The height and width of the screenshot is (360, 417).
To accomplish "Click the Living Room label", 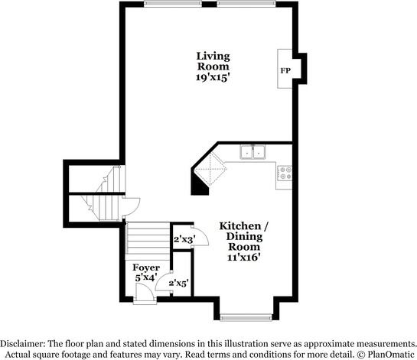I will (213, 61).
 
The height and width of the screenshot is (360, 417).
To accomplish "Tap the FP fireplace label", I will (285, 70).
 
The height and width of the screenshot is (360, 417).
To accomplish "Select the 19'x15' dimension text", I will (213, 77).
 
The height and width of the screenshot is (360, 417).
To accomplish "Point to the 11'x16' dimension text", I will (243, 258).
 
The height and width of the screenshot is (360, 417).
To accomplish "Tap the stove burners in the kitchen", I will (285, 173).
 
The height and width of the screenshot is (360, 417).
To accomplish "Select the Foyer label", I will (146, 268).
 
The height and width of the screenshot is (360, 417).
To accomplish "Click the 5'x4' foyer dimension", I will (146, 277).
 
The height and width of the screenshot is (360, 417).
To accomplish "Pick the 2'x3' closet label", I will (184, 240).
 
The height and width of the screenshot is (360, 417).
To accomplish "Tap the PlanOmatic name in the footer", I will (390, 355).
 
